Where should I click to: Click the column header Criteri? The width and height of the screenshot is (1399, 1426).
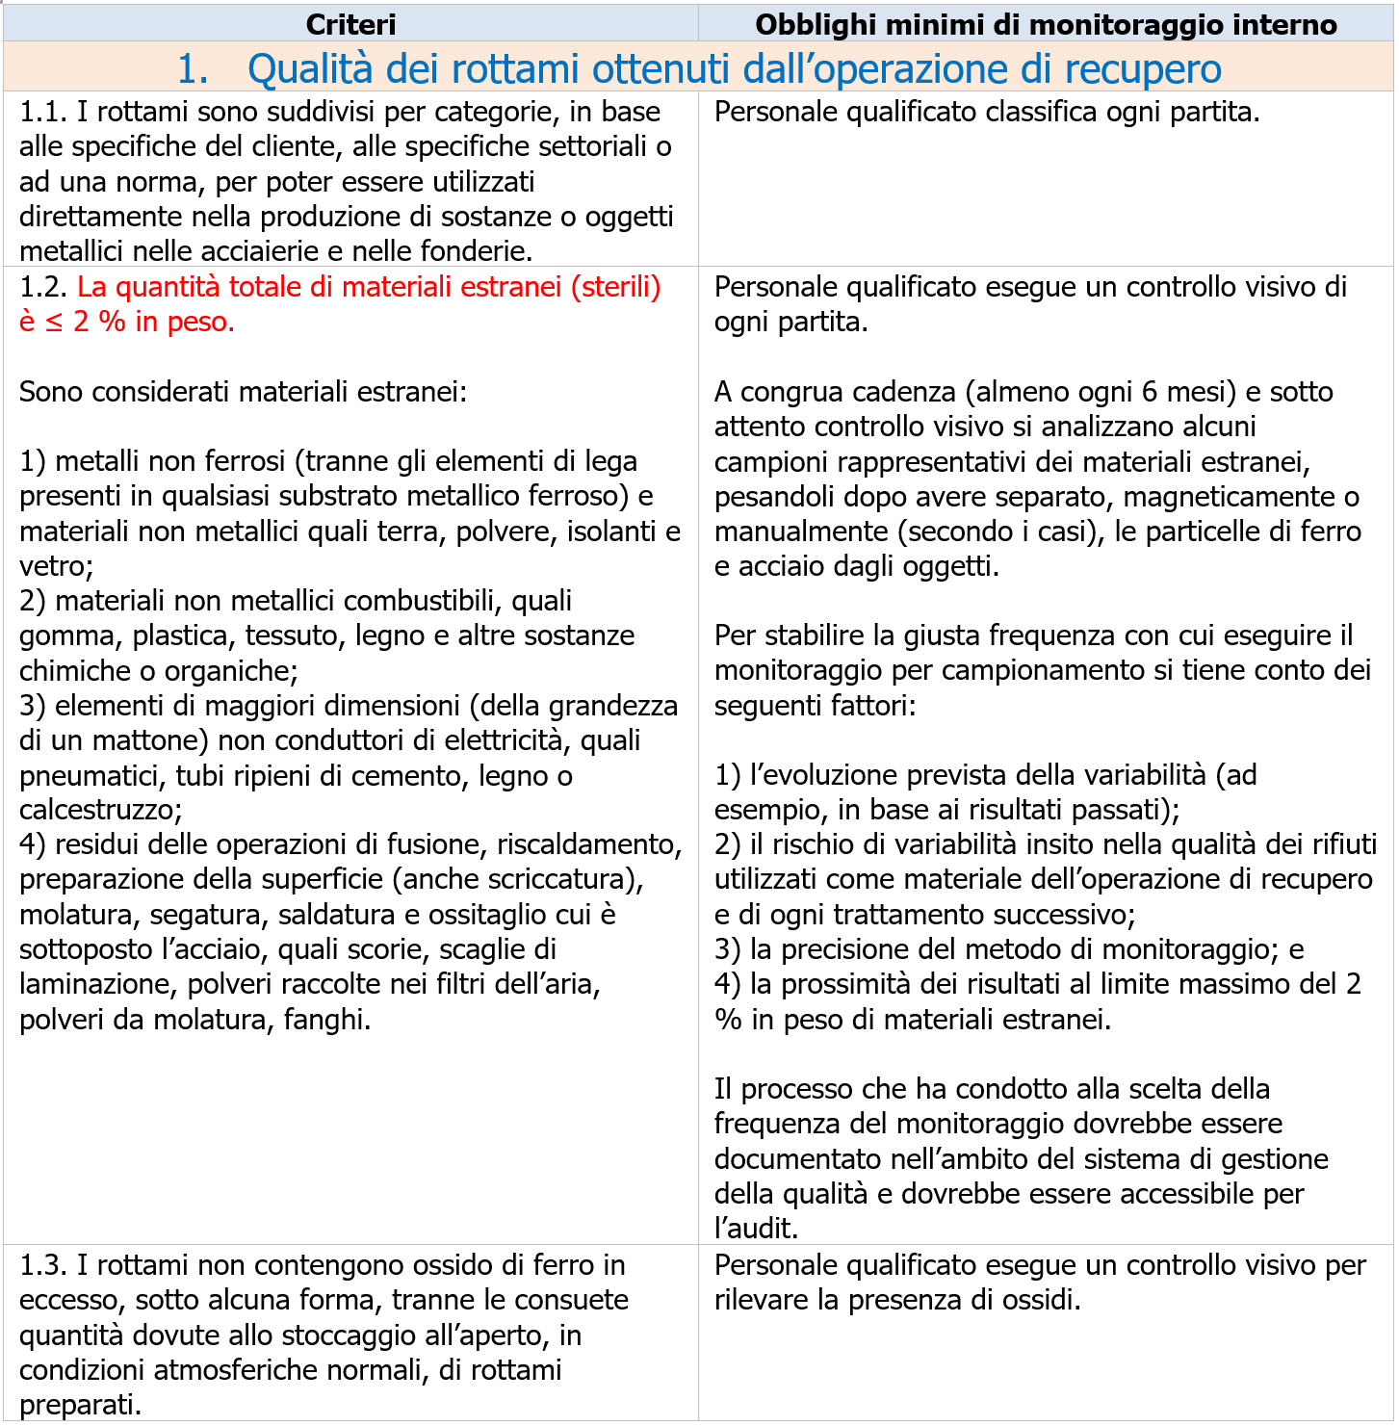click(350, 24)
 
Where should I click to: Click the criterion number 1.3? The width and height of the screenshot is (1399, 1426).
click(42, 1265)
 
